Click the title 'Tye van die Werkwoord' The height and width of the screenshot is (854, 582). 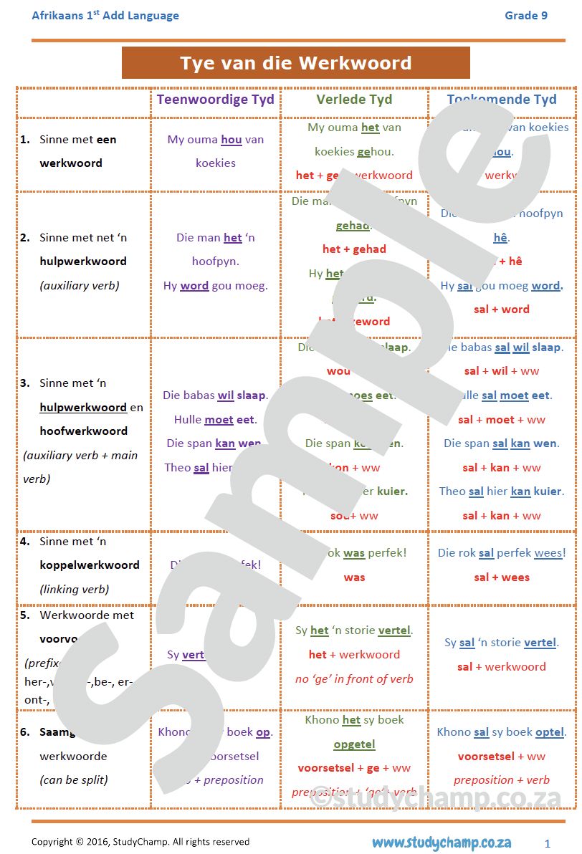tap(295, 63)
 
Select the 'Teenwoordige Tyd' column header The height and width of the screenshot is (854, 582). tap(215, 100)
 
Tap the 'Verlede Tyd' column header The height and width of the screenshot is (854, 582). tap(354, 100)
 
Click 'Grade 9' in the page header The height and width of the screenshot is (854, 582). tap(525, 15)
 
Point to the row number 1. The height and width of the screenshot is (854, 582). tap(24, 140)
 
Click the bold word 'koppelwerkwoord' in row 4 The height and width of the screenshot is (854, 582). tap(90, 565)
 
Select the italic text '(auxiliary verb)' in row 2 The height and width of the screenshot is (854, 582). tap(79, 285)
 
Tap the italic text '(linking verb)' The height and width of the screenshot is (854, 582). tap(74, 589)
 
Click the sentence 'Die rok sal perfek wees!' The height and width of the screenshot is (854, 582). tap(501, 553)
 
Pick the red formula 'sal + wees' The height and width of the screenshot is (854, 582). tap(501, 577)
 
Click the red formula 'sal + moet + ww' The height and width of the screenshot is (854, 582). tap(501, 419)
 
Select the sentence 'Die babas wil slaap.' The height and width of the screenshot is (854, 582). tap(214, 395)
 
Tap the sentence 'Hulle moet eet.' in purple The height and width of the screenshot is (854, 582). tap(214, 420)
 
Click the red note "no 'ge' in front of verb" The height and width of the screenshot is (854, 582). tap(354, 678)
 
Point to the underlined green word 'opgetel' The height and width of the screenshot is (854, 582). tap(354, 744)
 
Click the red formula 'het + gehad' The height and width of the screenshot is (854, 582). tap(354, 249)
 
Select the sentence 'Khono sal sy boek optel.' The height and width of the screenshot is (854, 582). tap(501, 732)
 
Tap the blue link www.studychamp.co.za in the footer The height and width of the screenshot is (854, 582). tap(441, 842)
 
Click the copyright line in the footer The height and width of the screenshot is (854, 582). tap(140, 842)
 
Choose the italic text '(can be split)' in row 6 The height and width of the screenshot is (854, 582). tap(75, 780)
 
